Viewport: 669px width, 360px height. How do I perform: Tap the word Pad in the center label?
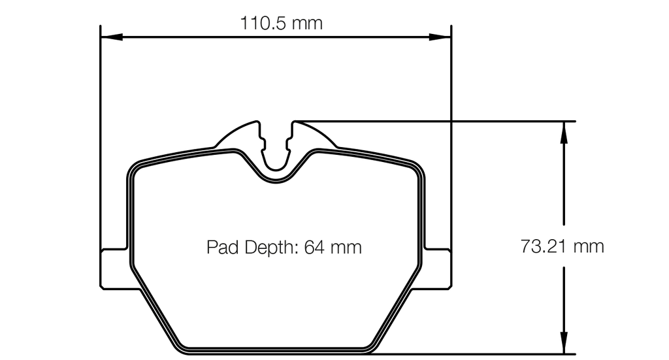point(221,248)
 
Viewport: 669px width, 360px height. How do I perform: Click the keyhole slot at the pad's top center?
point(276,147)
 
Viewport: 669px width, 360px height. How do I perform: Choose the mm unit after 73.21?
point(588,246)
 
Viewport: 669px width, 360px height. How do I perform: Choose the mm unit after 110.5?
point(307,24)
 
